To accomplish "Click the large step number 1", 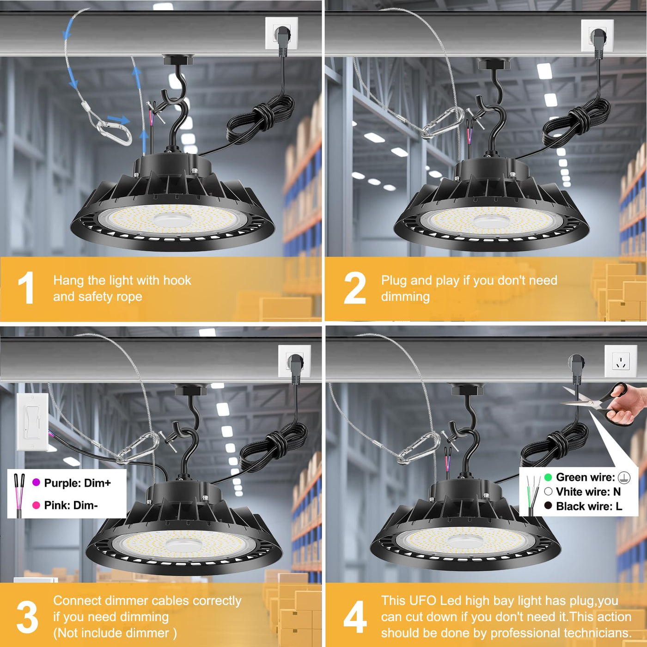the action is [x=26, y=287].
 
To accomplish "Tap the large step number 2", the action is [x=355, y=287].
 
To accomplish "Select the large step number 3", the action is [x=28, y=616].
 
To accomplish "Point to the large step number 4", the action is [x=355, y=616].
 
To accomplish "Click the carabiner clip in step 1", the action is [x=114, y=133].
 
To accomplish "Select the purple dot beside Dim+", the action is [x=36, y=482].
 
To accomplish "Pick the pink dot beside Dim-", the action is [x=36, y=505].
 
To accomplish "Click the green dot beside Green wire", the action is [x=548, y=477].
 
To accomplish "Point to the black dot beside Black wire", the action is [x=548, y=506].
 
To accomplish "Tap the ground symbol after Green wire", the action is [x=624, y=477].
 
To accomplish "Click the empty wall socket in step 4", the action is [x=621, y=361].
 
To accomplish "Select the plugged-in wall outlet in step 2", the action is [x=597, y=36].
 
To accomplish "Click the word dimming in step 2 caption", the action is [x=405, y=297].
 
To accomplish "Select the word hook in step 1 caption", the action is [x=177, y=280].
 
